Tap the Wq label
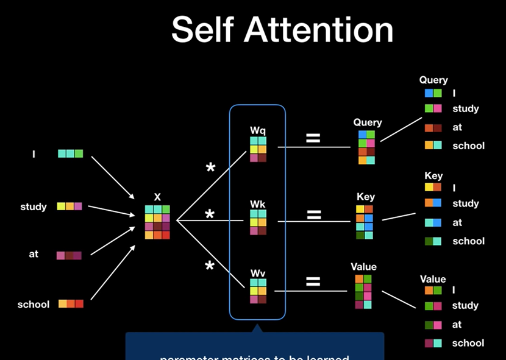coord(258,130)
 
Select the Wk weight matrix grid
coord(258,222)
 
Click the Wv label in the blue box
coord(258,272)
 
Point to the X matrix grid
coord(157,222)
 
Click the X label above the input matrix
coord(157,197)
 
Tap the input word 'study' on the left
coord(34,206)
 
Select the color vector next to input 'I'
coord(70,154)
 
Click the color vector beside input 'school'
coord(71,303)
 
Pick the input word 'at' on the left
coord(34,253)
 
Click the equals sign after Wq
coord(313,138)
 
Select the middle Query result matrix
coord(366,147)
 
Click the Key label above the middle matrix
coord(366,197)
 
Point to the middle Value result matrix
coord(363,292)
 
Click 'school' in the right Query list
coord(468,146)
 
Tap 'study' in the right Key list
coord(466,203)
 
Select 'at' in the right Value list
coord(457,325)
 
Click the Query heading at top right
coord(433,80)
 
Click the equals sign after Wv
coord(313,281)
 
